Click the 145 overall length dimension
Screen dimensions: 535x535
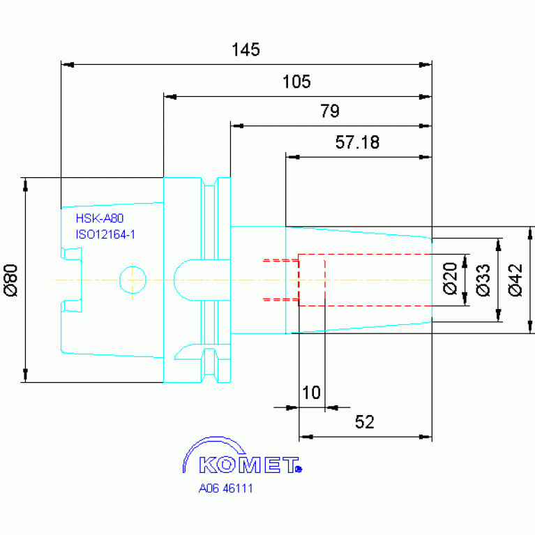pos(246,50)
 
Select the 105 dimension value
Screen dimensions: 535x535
pos(296,82)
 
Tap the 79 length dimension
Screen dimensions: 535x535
pos(330,111)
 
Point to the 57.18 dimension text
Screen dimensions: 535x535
pos(357,142)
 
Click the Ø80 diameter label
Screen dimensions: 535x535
pos(11,280)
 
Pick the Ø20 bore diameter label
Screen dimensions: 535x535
pos(450,278)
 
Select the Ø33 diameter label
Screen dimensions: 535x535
pos(483,280)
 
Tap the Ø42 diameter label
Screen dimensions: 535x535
pos(515,280)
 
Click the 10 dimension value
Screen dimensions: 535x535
pos(312,393)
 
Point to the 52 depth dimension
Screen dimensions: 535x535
pos(364,422)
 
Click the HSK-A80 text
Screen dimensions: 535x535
pos(100,218)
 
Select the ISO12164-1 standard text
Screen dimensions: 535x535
pos(105,234)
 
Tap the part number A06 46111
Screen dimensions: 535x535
pos(225,488)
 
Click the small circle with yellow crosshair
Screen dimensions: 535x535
pos(133,280)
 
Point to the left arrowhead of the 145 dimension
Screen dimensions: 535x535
pos(68,64)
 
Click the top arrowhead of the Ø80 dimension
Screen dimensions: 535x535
pos(25,184)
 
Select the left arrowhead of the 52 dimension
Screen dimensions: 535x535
pos(306,437)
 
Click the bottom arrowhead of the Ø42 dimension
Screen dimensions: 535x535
pos(530,326)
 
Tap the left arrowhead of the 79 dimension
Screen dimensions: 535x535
pos(237,126)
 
